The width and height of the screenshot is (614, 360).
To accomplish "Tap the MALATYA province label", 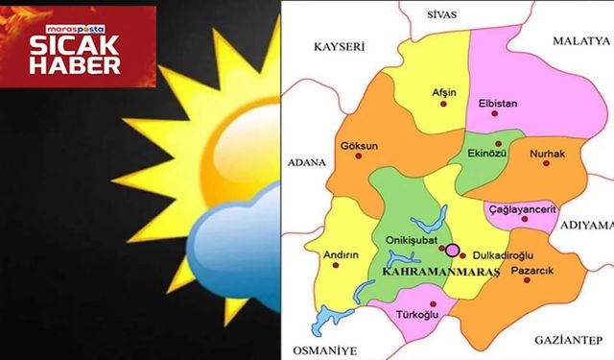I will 580,42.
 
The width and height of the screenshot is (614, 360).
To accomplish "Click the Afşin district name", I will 444,92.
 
